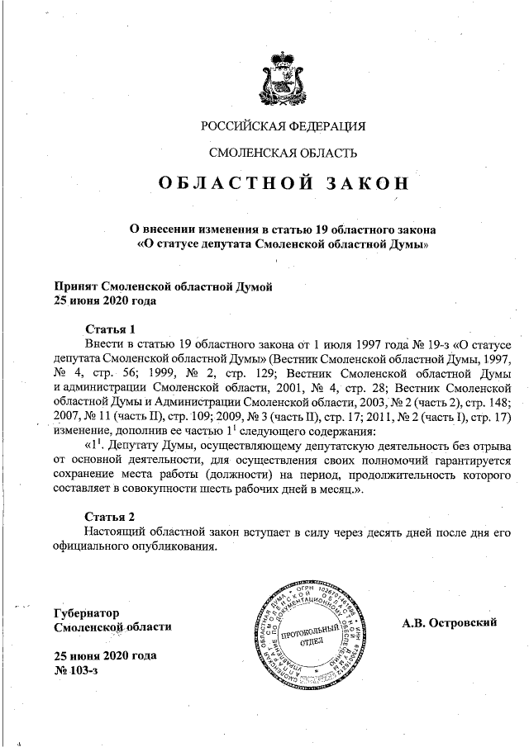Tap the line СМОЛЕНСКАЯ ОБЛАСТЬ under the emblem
tap(283, 153)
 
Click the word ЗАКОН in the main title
tap(357, 183)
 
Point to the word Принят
tap(74, 286)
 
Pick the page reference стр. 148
tap(491, 402)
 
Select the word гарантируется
tap(467, 461)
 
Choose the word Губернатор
tap(86, 613)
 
